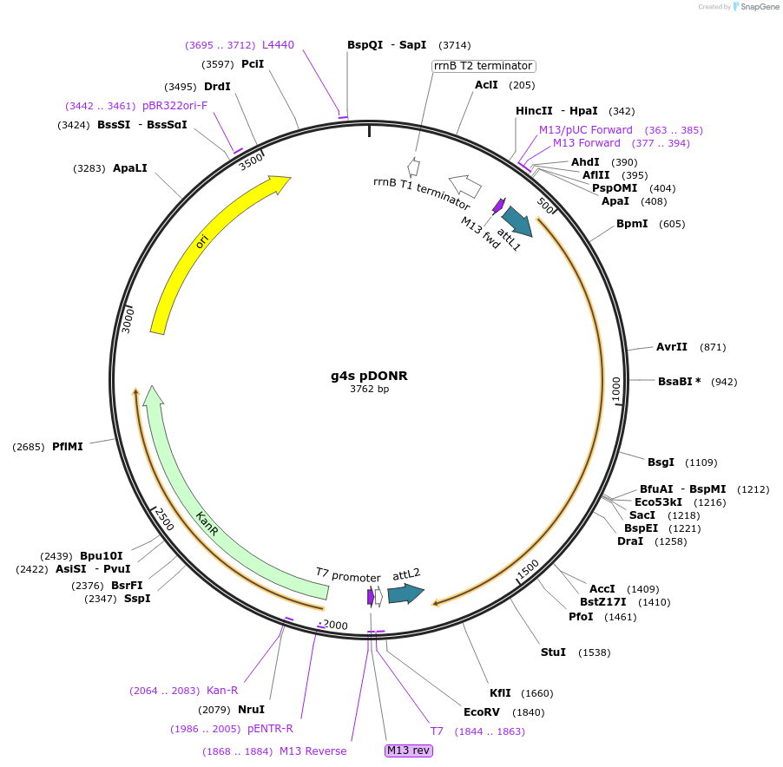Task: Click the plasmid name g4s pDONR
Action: (x=369, y=376)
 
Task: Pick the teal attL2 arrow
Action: (x=405, y=593)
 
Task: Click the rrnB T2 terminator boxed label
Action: (x=483, y=66)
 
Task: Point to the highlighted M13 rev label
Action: (x=409, y=751)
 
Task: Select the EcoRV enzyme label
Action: (x=481, y=712)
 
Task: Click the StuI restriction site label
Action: (x=553, y=652)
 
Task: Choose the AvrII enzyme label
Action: (x=672, y=347)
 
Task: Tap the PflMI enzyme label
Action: (x=68, y=447)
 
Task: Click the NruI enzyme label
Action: (x=252, y=710)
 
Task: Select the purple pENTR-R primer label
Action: (x=270, y=729)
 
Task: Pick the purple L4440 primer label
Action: (x=279, y=45)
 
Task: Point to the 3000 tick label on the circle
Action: (x=127, y=319)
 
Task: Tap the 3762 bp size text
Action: (x=369, y=390)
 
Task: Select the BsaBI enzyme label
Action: (x=677, y=382)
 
